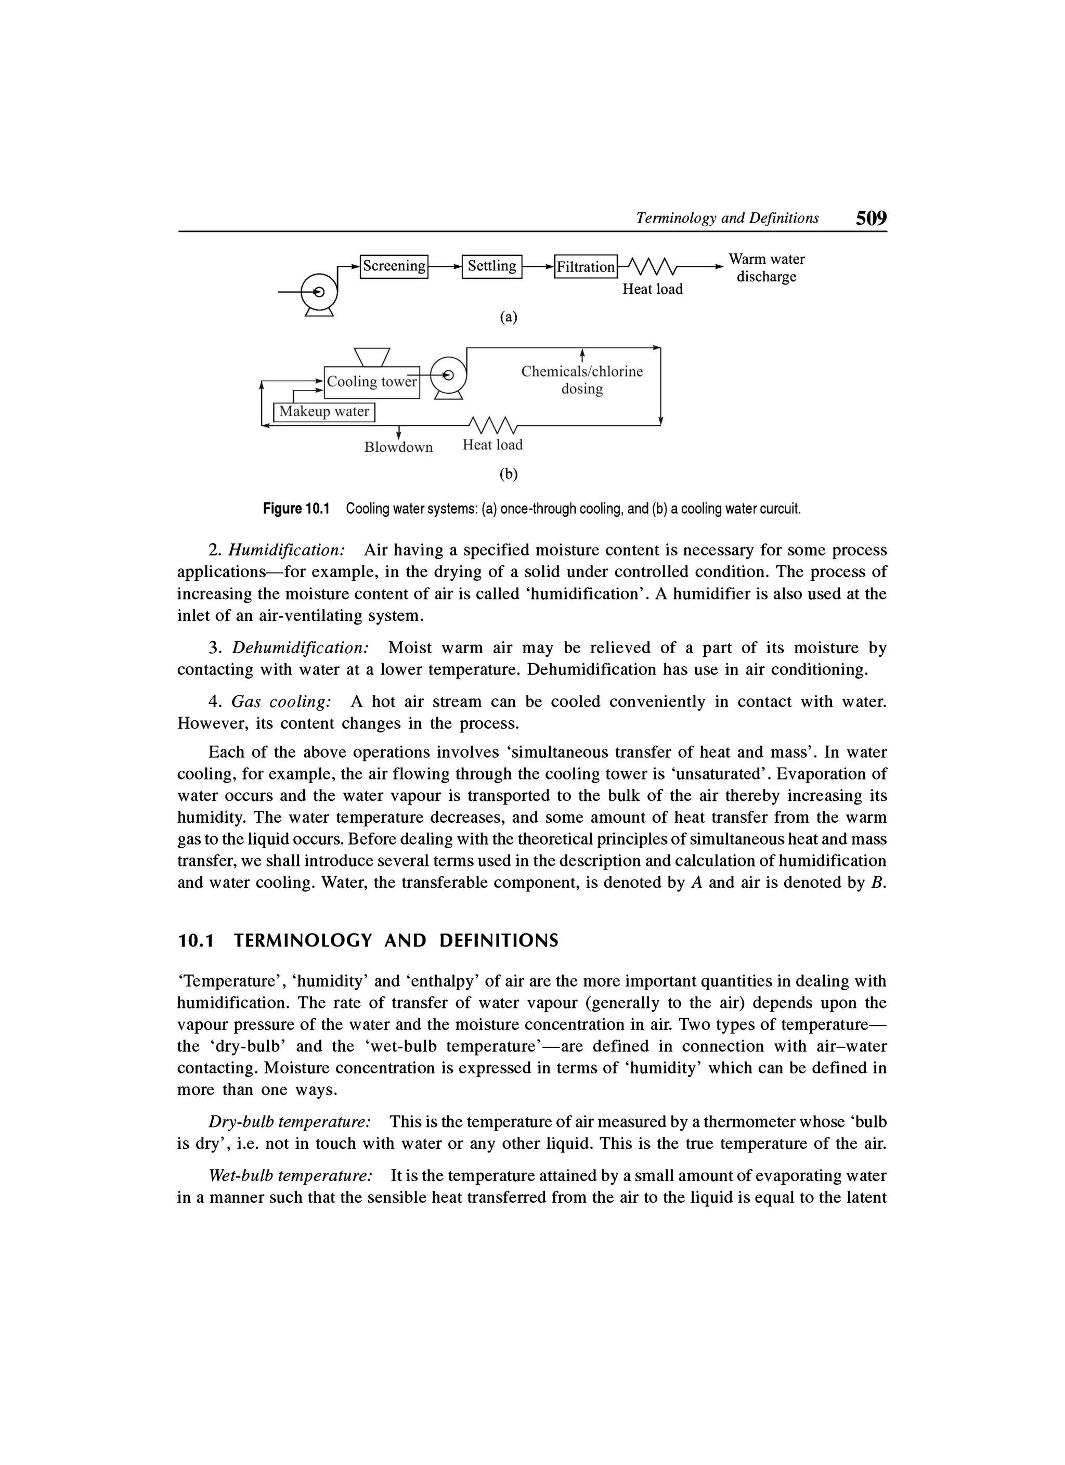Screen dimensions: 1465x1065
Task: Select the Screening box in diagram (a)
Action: pos(394,266)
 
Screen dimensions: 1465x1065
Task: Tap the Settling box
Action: pos(491,266)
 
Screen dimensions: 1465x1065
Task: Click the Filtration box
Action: pos(586,267)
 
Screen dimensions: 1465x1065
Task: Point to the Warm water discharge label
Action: pos(767,268)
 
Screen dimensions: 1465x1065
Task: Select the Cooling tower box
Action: pos(371,382)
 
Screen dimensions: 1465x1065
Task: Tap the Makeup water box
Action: pos(324,412)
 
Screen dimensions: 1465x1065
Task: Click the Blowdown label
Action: pos(398,448)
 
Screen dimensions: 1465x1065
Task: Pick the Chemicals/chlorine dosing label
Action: pos(582,381)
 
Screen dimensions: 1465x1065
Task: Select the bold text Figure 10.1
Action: pos(296,509)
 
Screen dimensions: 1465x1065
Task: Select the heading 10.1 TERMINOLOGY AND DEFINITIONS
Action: pos(368,941)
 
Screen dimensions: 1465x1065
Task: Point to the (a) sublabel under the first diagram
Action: pos(509,317)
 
